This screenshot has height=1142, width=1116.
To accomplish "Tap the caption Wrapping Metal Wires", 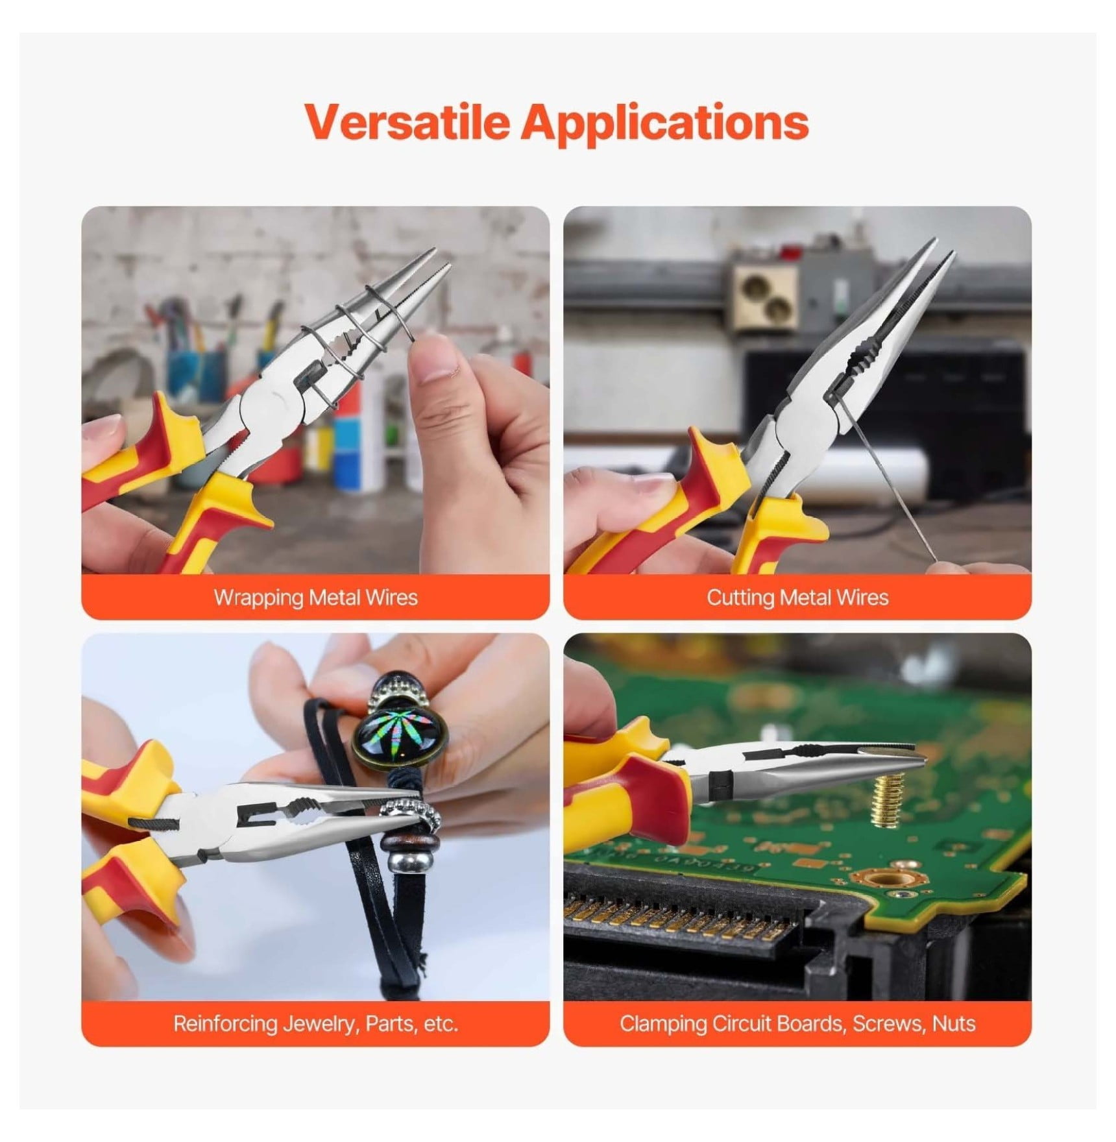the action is click(x=316, y=598).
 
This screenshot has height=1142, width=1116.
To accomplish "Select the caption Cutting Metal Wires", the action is click(x=797, y=598).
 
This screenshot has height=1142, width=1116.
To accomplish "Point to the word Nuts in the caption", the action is click(x=954, y=1024).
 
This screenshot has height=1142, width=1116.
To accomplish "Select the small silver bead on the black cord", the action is click(x=398, y=862).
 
